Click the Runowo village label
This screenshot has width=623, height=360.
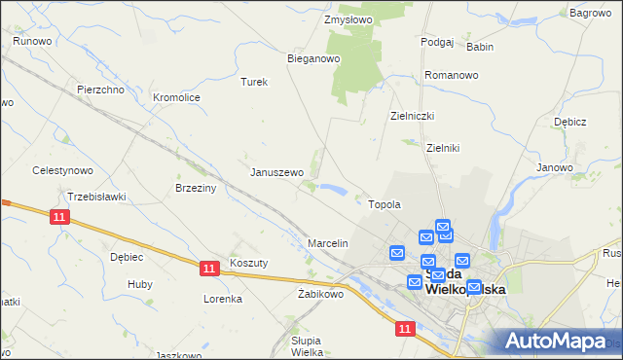click(32, 41)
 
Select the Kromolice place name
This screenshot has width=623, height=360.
click(177, 97)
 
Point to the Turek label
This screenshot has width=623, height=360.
click(254, 82)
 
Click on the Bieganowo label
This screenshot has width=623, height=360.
click(312, 58)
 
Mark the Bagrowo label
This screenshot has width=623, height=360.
click(590, 13)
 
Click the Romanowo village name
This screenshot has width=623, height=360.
click(452, 75)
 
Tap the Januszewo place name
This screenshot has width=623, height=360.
click(277, 172)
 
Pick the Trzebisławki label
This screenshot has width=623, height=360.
click(97, 197)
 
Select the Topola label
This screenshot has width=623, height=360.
click(385, 204)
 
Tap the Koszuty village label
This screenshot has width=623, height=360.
click(248, 263)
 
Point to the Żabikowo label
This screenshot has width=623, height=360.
click(321, 294)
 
